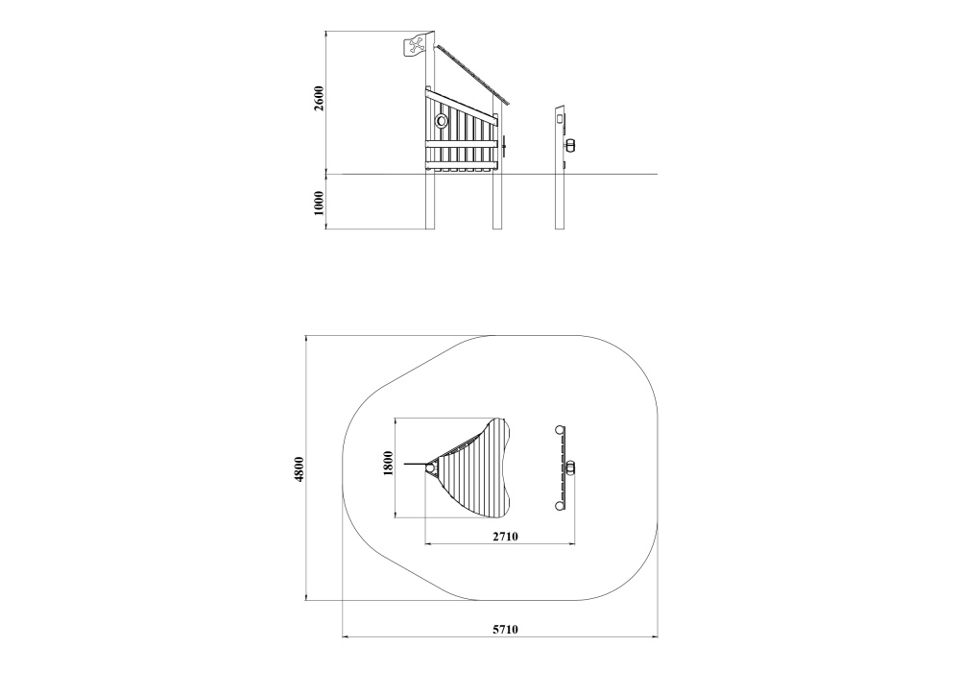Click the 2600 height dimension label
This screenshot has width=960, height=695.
(319, 98)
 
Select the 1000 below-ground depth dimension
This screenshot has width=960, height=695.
(319, 203)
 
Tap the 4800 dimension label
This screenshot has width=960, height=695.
(300, 469)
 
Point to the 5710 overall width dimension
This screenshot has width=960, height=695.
(506, 629)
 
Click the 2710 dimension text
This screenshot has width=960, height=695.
(506, 537)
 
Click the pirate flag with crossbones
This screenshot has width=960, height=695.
(415, 46)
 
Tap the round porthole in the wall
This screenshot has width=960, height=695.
(441, 120)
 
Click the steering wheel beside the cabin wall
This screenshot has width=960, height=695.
(503, 145)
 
